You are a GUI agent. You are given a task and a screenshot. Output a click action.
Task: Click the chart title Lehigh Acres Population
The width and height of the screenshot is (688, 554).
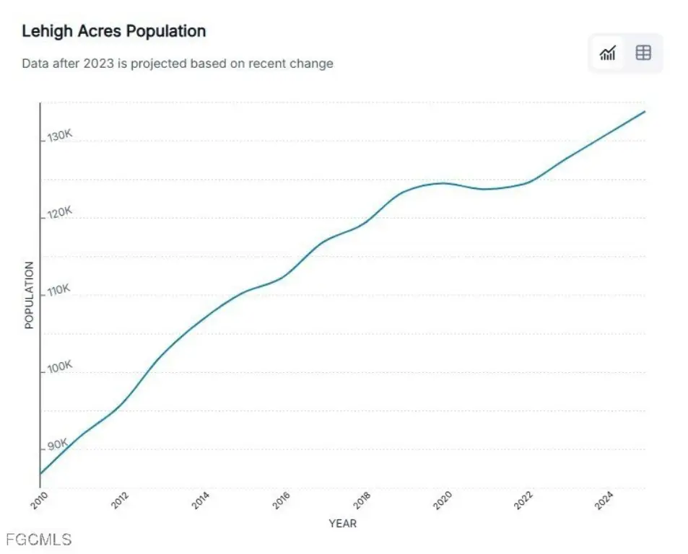[113, 32]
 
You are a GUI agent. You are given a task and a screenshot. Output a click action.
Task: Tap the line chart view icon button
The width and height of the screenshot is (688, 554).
[608, 53]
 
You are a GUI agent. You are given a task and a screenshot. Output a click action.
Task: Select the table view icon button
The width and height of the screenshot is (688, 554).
[643, 53]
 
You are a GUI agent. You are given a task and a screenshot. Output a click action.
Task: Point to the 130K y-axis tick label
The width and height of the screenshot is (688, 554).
[60, 136]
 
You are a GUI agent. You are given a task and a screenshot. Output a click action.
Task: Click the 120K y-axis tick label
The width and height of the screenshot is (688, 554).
[60, 214]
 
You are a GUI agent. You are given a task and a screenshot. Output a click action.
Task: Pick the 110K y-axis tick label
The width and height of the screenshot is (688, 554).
[60, 291]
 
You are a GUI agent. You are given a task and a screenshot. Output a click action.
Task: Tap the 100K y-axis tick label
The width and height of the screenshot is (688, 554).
[60, 368]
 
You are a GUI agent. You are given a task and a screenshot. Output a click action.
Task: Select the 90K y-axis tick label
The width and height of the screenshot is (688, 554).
[57, 444]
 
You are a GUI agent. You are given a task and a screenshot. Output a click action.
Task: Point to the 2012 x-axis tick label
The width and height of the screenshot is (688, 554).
[120, 500]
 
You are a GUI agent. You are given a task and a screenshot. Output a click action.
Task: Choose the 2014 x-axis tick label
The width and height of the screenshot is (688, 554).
[201, 500]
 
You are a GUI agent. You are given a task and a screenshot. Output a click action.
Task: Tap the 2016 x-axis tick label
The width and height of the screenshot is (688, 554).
[282, 500]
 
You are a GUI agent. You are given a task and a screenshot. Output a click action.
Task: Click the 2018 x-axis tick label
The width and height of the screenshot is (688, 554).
[362, 500]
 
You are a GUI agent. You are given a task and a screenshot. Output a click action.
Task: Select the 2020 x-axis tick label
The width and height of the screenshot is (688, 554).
[443, 500]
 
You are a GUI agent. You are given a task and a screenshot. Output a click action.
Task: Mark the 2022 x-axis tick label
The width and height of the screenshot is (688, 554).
[523, 500]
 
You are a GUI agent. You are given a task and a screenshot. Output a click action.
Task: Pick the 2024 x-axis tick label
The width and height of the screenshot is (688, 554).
[604, 500]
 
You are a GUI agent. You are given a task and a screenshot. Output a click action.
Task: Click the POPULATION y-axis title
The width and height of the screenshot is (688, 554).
[30, 295]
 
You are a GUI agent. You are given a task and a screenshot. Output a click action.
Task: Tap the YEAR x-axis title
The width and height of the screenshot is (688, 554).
[342, 523]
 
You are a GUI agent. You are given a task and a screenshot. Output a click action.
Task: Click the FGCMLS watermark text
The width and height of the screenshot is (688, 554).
[38, 539]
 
